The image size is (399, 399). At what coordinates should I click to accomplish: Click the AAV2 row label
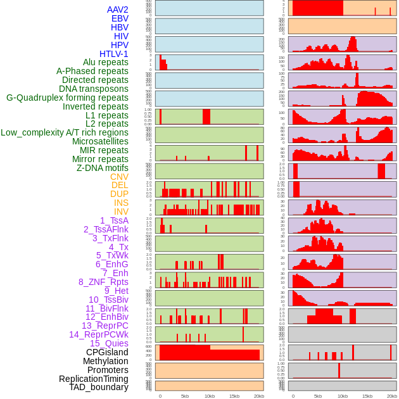(x=117, y=9)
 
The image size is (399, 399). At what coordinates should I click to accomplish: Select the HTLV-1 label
(x=113, y=54)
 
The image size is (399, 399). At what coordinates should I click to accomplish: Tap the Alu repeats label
(x=105, y=62)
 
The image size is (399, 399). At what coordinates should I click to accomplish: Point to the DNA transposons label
(x=94, y=89)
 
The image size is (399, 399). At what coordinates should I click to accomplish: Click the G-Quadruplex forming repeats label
(x=67, y=98)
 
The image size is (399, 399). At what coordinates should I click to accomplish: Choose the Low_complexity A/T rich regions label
(x=65, y=132)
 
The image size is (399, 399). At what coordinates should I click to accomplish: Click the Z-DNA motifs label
(x=102, y=168)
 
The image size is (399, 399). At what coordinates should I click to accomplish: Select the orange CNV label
(x=119, y=177)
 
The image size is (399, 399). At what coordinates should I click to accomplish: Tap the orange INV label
(x=121, y=212)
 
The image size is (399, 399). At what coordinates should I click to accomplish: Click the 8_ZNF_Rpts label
(x=103, y=282)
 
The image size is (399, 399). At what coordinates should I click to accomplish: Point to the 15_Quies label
(x=109, y=343)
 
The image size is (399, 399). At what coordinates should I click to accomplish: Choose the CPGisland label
(x=107, y=352)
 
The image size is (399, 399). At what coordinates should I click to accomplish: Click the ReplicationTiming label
(x=93, y=379)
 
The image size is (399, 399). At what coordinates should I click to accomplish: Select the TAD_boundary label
(x=99, y=387)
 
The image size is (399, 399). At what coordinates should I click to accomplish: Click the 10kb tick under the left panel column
(x=210, y=396)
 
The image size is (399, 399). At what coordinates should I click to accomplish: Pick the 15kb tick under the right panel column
(x=367, y=396)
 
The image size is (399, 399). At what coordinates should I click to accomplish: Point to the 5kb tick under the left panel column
(x=185, y=396)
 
